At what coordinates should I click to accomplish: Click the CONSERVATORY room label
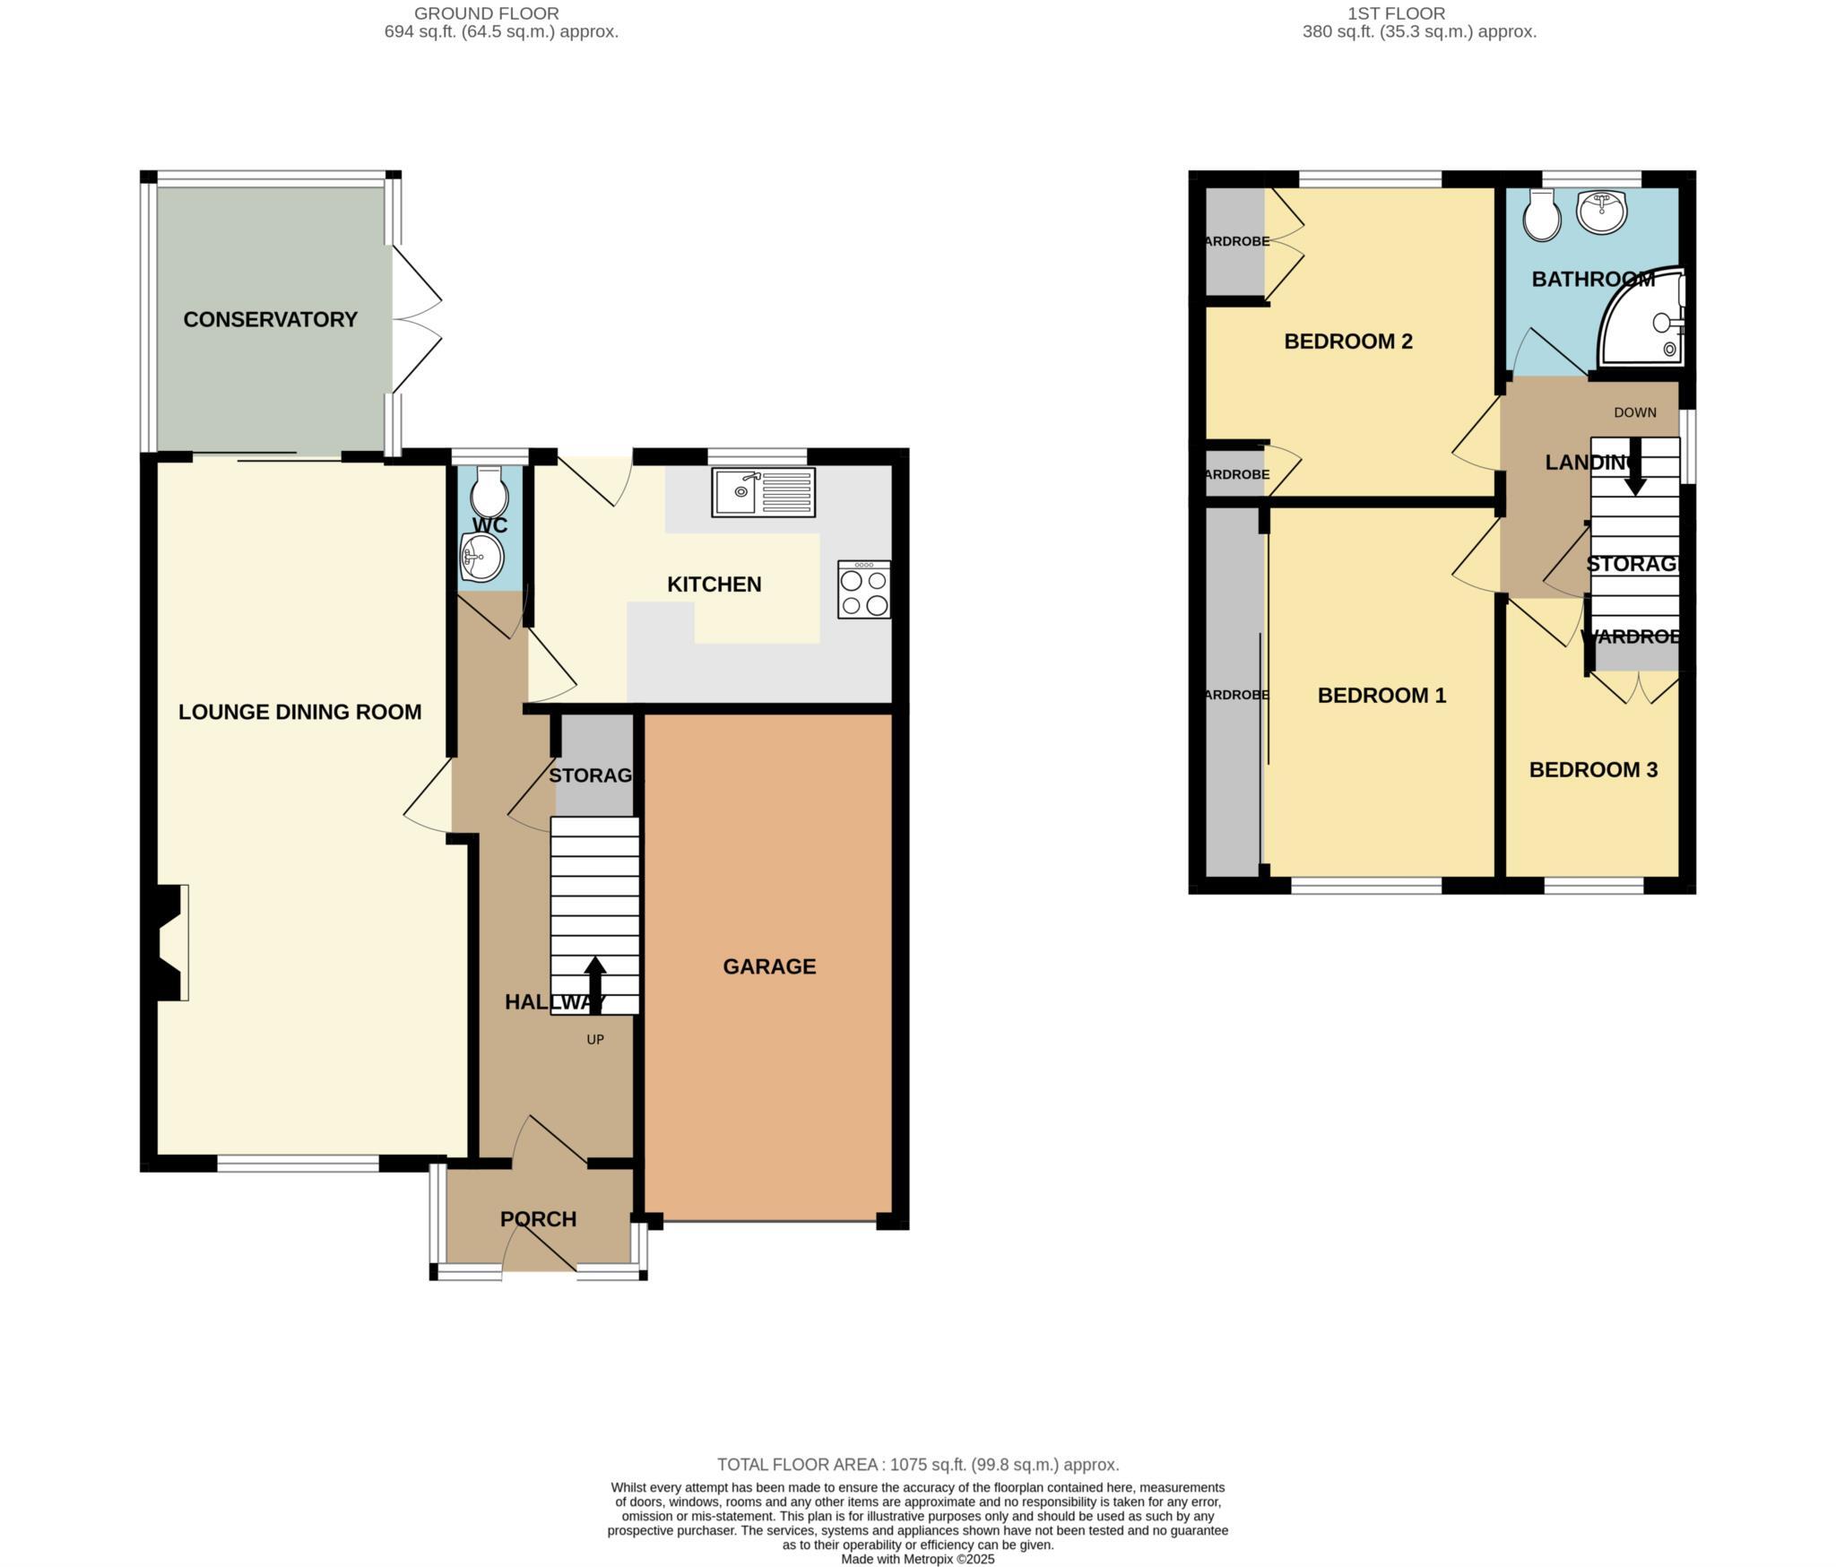click(x=270, y=319)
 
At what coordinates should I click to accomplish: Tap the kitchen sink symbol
click(x=763, y=492)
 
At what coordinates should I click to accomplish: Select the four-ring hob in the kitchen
click(x=864, y=590)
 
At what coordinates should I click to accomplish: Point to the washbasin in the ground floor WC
click(x=481, y=558)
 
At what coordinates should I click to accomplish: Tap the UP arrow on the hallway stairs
click(x=595, y=983)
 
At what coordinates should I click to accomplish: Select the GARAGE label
click(x=769, y=966)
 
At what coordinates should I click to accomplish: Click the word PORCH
click(x=538, y=1219)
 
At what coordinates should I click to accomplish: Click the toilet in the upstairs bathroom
click(x=1542, y=216)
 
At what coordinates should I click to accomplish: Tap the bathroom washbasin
click(x=1602, y=212)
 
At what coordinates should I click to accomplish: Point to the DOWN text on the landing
click(x=1634, y=412)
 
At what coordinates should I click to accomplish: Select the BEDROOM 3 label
click(x=1593, y=769)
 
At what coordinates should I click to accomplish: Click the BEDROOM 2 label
click(x=1348, y=341)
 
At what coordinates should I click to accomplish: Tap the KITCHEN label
click(x=714, y=584)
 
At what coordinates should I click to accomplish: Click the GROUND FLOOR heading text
click(x=486, y=13)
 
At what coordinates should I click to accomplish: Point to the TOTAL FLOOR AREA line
click(x=918, y=1465)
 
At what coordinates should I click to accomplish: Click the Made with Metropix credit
click(x=918, y=1559)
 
